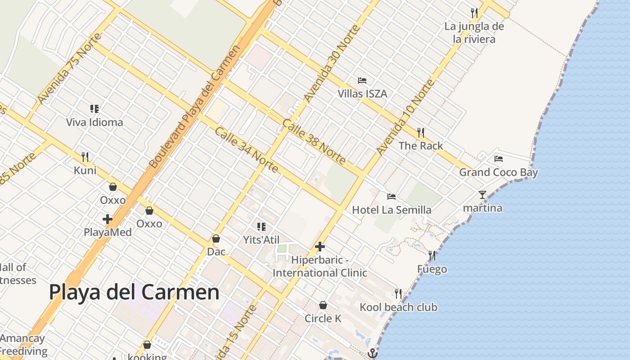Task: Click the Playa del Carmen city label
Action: pyautogui.click(x=134, y=292)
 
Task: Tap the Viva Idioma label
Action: pyautogui.click(x=94, y=122)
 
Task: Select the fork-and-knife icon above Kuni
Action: pyautogui.click(x=85, y=157)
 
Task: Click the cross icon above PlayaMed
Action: pyautogui.click(x=108, y=219)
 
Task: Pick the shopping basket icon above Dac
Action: pyautogui.click(x=216, y=238)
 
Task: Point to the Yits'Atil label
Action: pyautogui.click(x=261, y=240)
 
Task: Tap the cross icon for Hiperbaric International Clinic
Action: pyautogui.click(x=320, y=247)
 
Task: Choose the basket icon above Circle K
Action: pyautogui.click(x=323, y=305)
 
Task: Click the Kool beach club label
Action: pyautogui.click(x=398, y=307)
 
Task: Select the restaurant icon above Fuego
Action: pyautogui.click(x=432, y=256)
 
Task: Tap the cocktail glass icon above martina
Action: pyautogui.click(x=482, y=195)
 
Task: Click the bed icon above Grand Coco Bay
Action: pyautogui.click(x=498, y=159)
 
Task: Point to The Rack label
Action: pyautogui.click(x=421, y=146)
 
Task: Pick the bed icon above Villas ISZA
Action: pyautogui.click(x=362, y=81)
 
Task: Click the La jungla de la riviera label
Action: pyautogui.click(x=474, y=32)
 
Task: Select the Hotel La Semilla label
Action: pyautogui.click(x=391, y=210)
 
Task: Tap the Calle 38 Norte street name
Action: pyautogui.click(x=315, y=141)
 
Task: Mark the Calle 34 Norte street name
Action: pyautogui.click(x=246, y=150)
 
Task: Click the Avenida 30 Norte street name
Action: pyautogui.click(x=332, y=64)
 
